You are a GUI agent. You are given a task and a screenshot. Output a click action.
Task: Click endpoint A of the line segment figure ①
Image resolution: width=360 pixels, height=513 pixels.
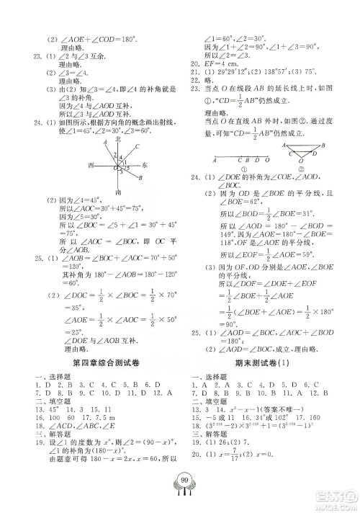click(213, 160)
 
